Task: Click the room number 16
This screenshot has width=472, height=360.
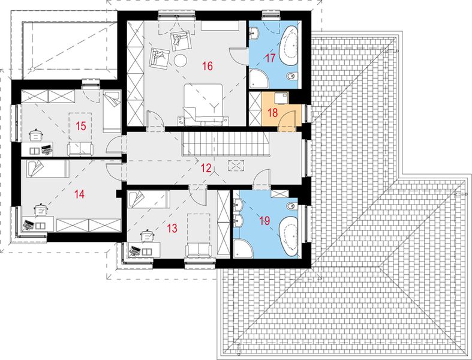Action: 208,66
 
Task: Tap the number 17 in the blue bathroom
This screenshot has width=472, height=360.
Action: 269,59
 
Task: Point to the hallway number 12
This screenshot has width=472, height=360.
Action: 206,169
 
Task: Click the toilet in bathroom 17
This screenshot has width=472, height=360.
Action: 291,76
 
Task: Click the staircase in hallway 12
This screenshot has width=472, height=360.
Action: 226,144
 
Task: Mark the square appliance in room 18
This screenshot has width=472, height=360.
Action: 279,98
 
